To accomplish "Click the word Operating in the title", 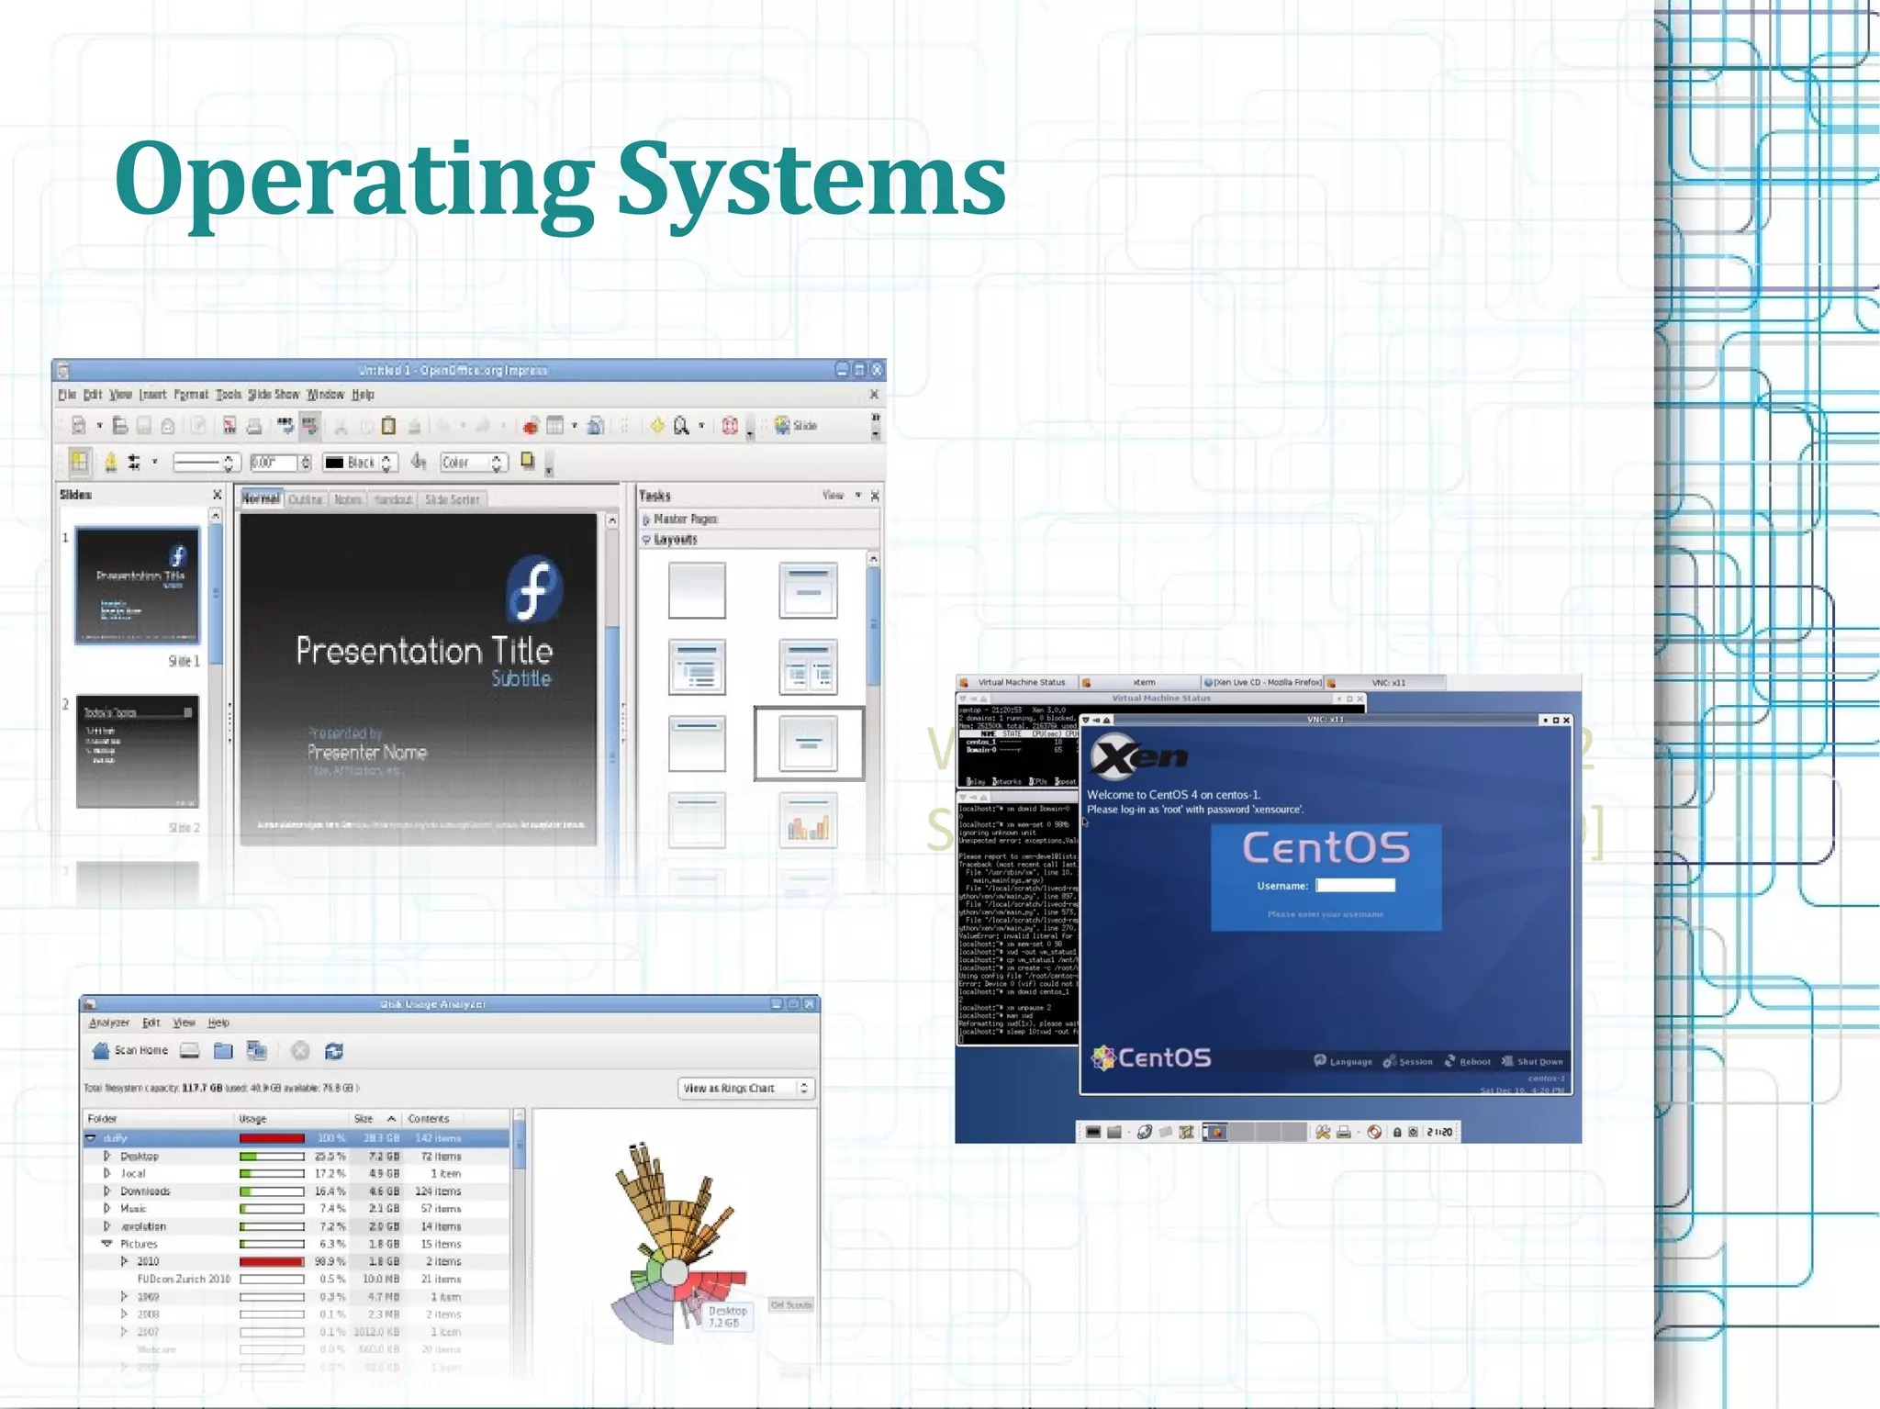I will [354, 179].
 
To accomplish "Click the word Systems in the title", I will [811, 179].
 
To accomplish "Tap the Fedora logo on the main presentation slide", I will [534, 587].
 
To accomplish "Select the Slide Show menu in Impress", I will [274, 395].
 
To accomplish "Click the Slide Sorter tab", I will [452, 499].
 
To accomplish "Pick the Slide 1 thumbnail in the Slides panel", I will [138, 585].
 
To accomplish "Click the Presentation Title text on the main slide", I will [424, 651].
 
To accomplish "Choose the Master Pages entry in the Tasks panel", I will [685, 519].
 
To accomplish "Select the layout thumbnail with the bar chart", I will [808, 821].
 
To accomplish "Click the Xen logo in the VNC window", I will [1138, 756].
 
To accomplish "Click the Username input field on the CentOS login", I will [1355, 886].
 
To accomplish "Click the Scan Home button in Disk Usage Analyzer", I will [130, 1051].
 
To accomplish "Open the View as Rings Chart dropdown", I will [745, 1089].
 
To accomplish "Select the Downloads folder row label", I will [145, 1191].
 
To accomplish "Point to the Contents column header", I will [429, 1119].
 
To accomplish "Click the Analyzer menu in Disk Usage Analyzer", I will [109, 1023].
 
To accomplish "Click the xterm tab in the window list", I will [1143, 683].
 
